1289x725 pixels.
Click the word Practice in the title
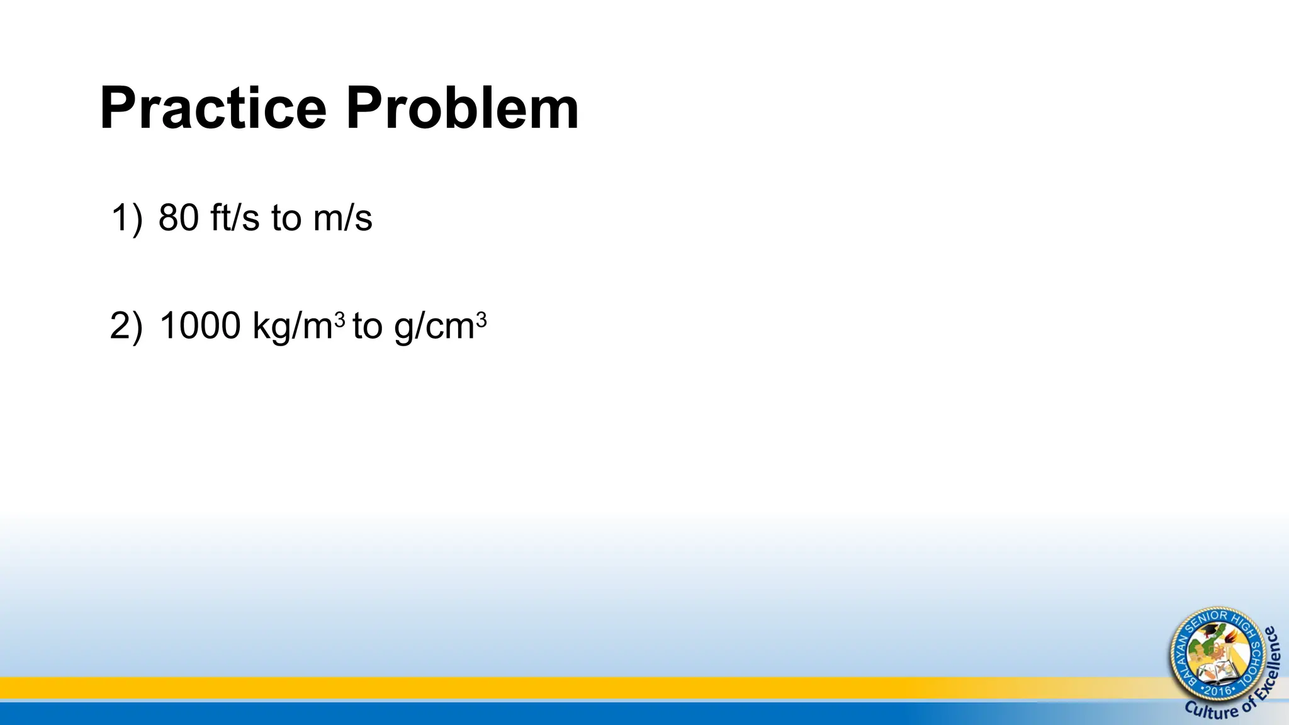pyautogui.click(x=213, y=108)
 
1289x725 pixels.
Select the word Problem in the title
pyautogui.click(x=462, y=108)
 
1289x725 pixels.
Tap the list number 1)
pyautogui.click(x=127, y=218)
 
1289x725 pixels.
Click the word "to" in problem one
pyautogui.click(x=286, y=218)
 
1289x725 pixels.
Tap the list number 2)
pyautogui.click(x=127, y=327)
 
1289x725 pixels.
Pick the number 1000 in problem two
pyautogui.click(x=200, y=327)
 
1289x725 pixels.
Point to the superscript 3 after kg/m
pyautogui.click(x=340, y=321)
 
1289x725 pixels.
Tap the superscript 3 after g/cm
pyautogui.click(x=481, y=321)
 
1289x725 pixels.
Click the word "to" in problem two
pyautogui.click(x=368, y=327)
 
